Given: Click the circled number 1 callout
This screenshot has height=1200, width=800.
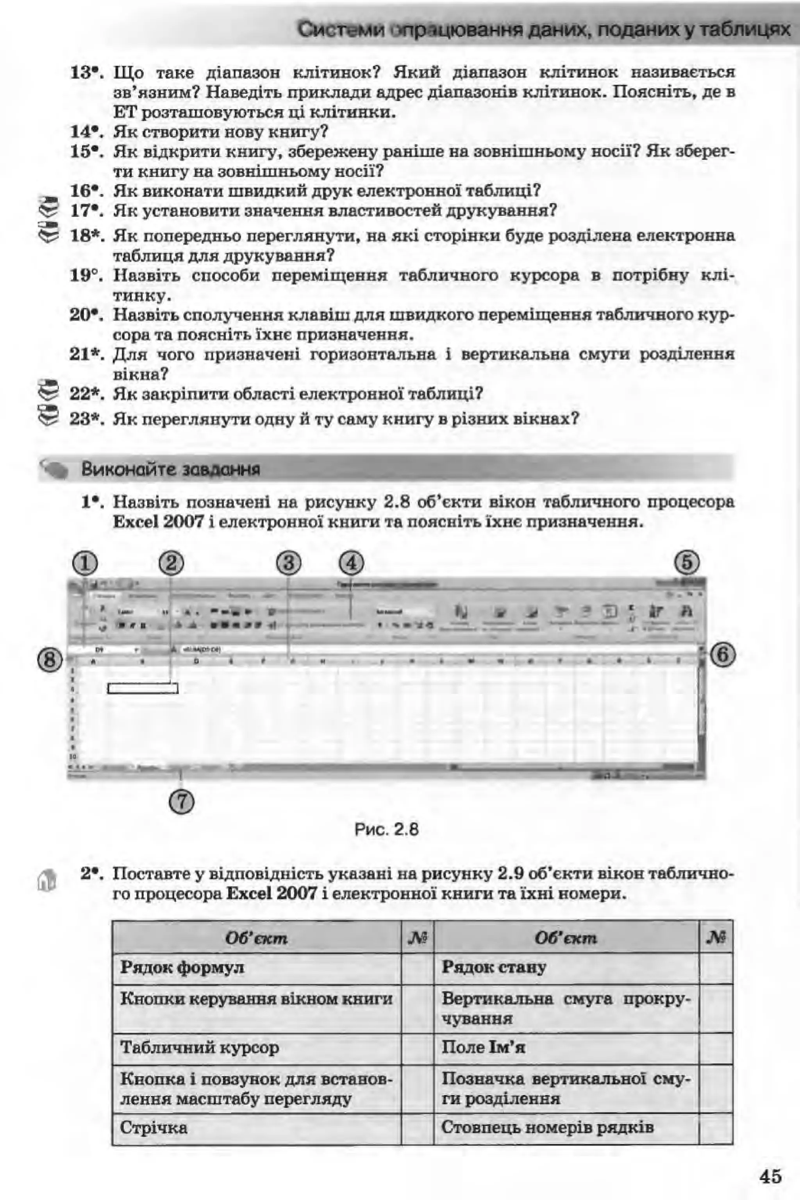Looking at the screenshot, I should [x=85, y=564].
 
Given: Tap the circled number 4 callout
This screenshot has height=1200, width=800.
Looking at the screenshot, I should [x=352, y=564].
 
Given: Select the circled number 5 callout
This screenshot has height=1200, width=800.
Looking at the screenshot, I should [x=687, y=562].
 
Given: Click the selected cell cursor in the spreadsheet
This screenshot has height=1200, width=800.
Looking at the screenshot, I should [x=143, y=689].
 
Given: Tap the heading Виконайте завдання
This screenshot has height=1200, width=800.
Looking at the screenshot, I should [x=170, y=469].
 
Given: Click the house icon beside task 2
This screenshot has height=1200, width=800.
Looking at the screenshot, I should [x=47, y=880].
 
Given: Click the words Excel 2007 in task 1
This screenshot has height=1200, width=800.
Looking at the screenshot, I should [x=159, y=522].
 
